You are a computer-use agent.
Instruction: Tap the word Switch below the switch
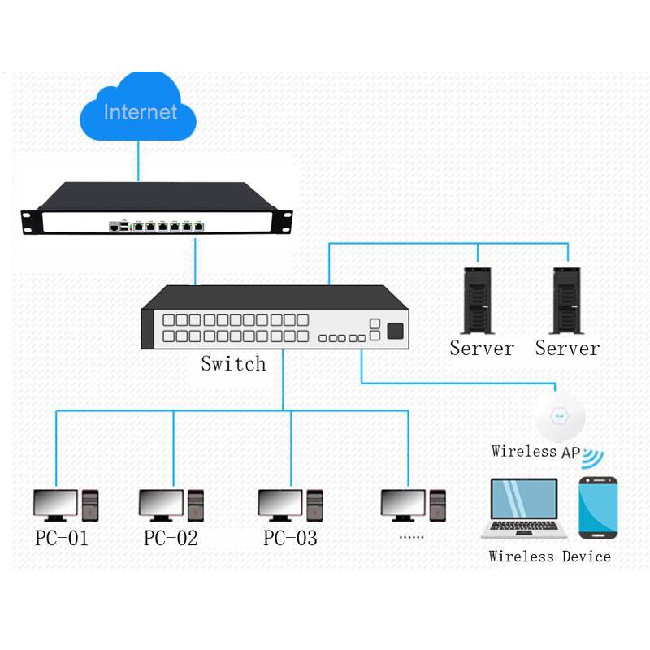pos(233,363)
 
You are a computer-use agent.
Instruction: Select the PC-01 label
pos(62,538)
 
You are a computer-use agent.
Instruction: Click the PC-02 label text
pos(171,538)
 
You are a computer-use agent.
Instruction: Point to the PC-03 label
pos(290,538)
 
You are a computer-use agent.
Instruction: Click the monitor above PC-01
pos(55,505)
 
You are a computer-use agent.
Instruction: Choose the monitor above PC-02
pos(161,505)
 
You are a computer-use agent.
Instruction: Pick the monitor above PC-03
pos(279,505)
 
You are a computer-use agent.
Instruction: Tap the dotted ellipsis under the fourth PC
pos(412,537)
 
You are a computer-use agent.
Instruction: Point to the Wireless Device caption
pos(550,557)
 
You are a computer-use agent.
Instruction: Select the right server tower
pos(567,301)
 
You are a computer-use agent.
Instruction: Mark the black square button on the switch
pos(395,331)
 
